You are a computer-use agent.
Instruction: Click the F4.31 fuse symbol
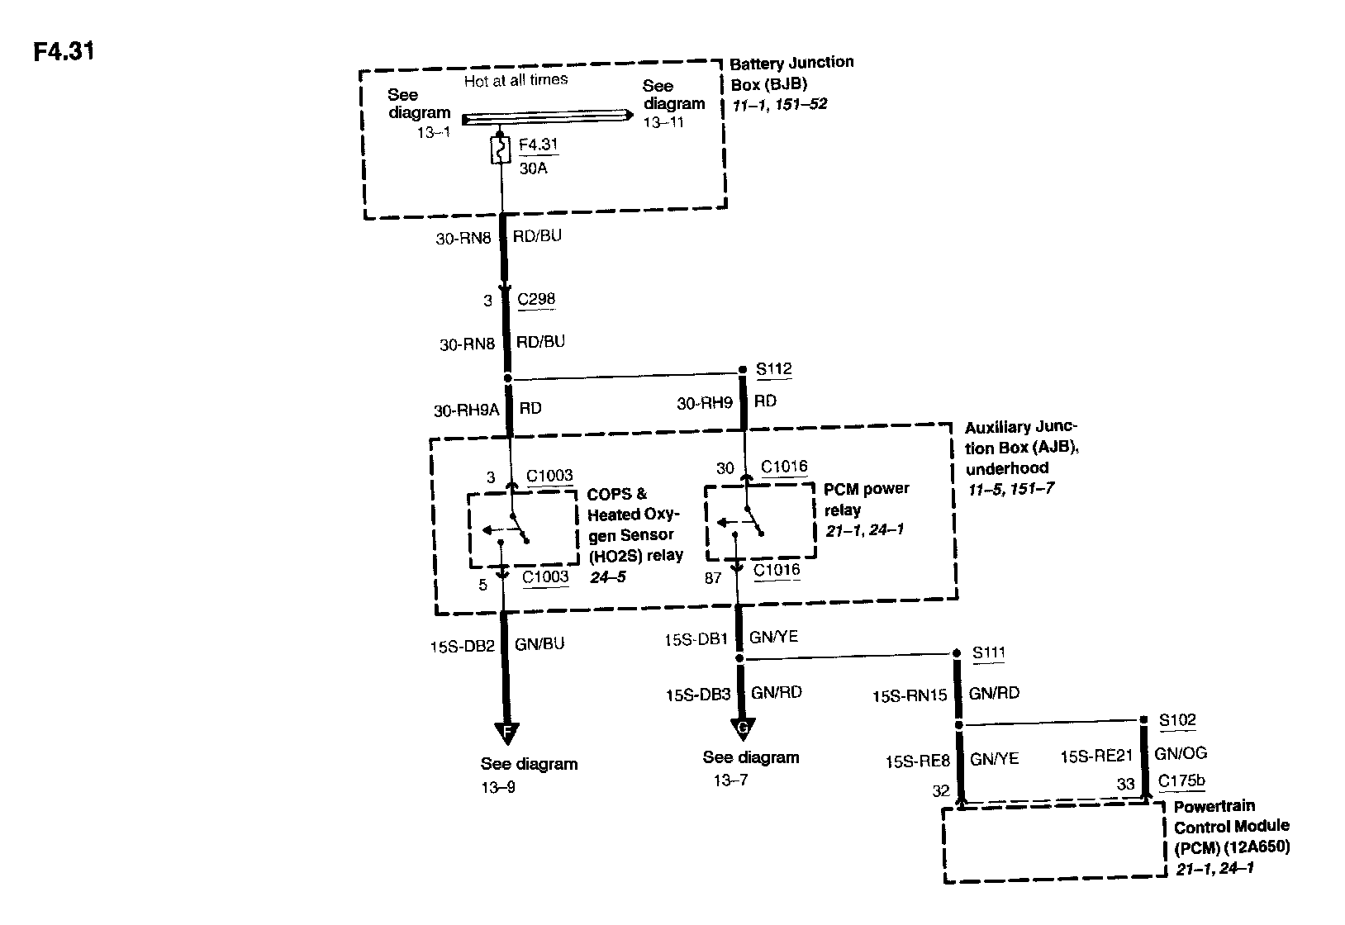coord(501,150)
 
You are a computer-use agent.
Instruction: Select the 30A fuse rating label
coord(534,168)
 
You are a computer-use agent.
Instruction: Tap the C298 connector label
coord(536,299)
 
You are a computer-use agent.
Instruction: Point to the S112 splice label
coord(774,369)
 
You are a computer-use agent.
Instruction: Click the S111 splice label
coord(989,652)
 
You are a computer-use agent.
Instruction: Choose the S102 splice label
coord(1177,720)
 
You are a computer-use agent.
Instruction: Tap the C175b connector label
coord(1181,781)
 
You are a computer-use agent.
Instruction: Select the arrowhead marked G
coord(743,728)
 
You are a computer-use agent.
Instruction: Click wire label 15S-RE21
coord(1096,755)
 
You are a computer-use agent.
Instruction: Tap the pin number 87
coord(713,578)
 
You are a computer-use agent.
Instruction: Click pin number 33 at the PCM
coord(1126,785)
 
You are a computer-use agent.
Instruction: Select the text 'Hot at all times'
coord(516,80)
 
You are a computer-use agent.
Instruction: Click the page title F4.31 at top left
coord(64,52)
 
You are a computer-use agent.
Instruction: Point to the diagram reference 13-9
coord(498,787)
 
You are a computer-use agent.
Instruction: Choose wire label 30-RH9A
coord(467,410)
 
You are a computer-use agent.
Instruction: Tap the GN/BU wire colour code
coord(539,644)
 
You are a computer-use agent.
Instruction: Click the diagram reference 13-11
coord(664,122)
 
